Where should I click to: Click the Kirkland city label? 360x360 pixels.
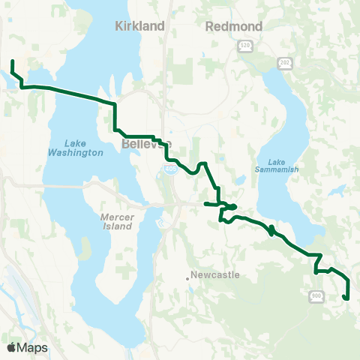tap(139, 26)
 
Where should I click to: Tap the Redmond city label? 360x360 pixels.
tap(233, 26)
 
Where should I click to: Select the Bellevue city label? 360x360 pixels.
tap(145, 143)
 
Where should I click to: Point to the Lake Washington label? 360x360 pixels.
tap(83, 148)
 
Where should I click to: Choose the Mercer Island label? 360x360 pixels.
tap(117, 220)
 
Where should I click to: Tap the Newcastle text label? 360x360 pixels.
tap(215, 275)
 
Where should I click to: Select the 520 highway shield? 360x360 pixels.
tap(245, 46)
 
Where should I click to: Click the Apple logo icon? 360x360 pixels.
tap(11, 347)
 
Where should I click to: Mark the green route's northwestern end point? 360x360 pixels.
tap(13, 61)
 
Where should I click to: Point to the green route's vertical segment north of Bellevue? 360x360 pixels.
tap(115, 116)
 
